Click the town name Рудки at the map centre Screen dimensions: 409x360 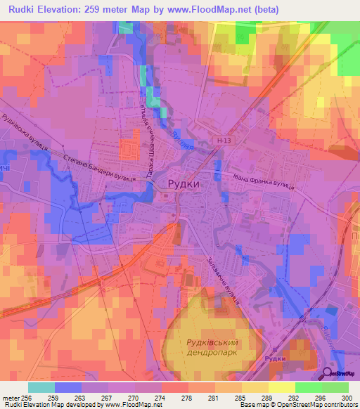(184, 183)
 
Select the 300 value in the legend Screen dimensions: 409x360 (344, 398)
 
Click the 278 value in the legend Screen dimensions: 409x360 (188, 398)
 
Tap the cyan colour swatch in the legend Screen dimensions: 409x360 (41, 387)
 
